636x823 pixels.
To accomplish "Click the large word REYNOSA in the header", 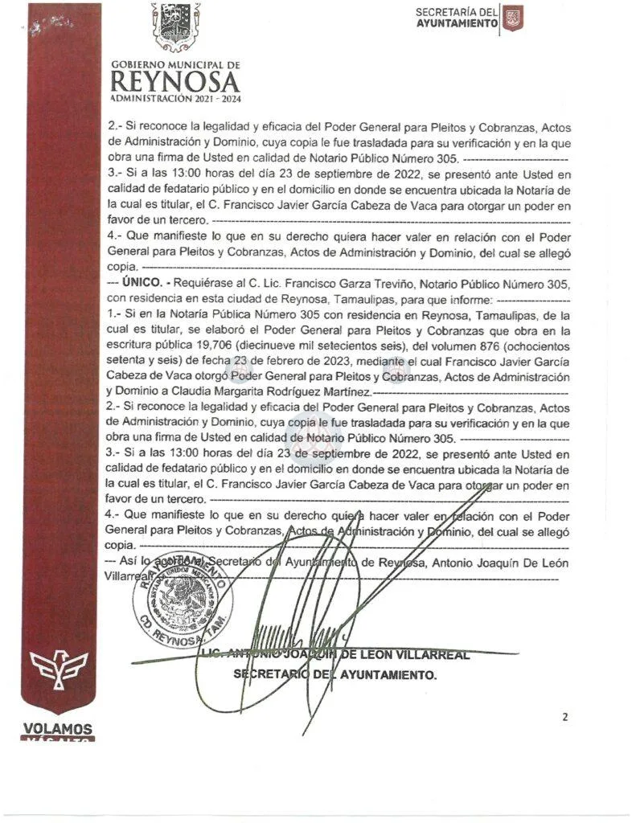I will (175, 81).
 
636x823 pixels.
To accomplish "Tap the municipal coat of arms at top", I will (176, 27).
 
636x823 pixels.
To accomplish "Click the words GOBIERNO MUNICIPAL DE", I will (175, 64).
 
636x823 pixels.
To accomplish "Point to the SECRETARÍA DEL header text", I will (457, 12).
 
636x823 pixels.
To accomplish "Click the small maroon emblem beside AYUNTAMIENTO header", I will (512, 18).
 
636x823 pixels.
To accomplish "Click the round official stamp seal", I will (179, 598).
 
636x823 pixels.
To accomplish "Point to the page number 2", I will (565, 717).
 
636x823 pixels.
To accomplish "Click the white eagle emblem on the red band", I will (59, 668).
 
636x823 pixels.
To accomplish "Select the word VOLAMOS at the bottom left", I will (58, 730).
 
